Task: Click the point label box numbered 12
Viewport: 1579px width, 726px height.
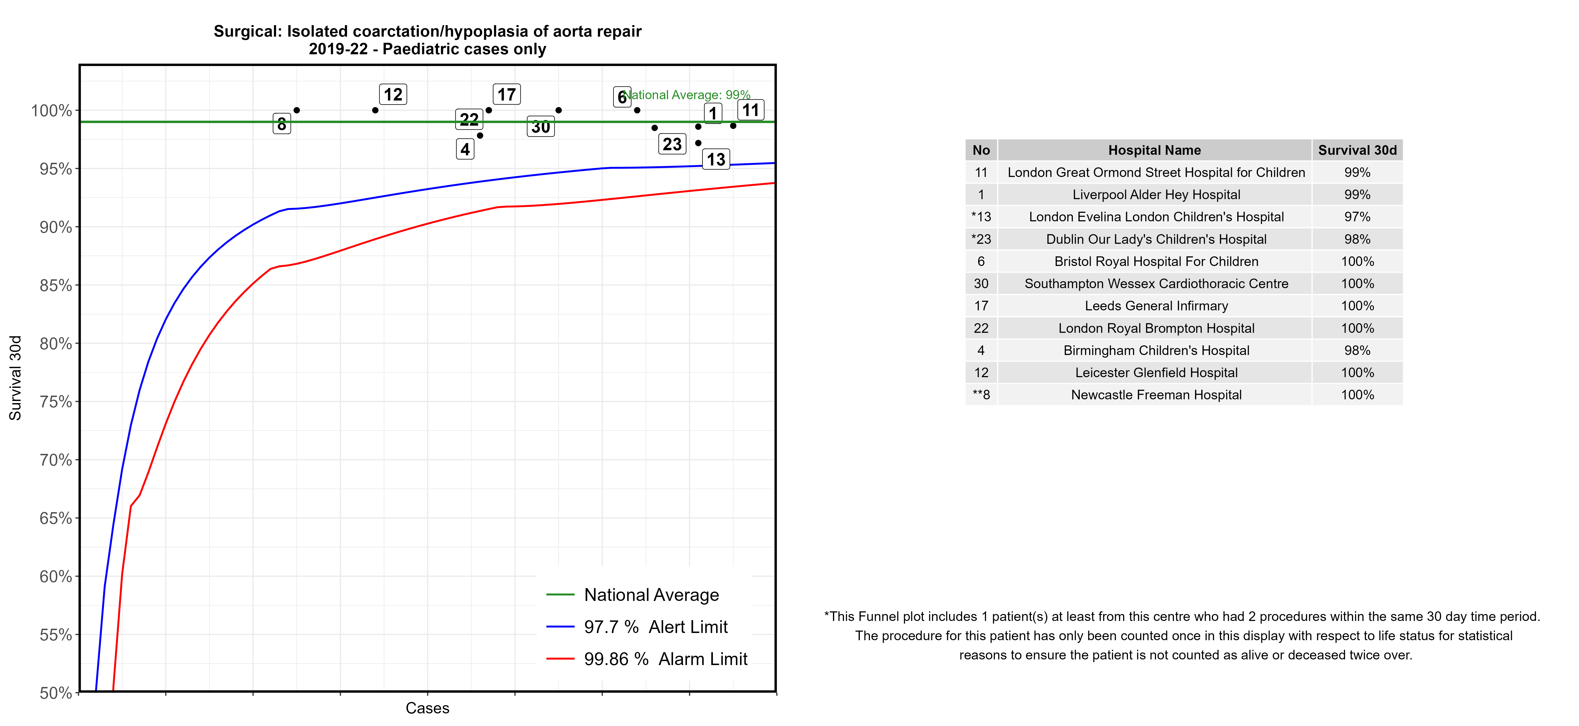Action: (x=393, y=94)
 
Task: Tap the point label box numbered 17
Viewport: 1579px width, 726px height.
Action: (x=506, y=94)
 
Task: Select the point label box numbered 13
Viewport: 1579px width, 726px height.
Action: (x=716, y=159)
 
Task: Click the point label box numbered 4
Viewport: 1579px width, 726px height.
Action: (x=465, y=149)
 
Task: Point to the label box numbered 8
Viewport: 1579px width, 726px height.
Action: (x=281, y=124)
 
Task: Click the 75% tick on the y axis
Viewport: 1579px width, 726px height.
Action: (x=56, y=402)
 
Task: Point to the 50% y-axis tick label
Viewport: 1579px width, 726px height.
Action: (x=56, y=693)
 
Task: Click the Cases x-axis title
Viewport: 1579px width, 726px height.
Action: (x=427, y=708)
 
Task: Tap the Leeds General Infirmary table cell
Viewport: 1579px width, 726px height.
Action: (x=1156, y=306)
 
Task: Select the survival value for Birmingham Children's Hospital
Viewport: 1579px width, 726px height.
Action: (x=1357, y=350)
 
